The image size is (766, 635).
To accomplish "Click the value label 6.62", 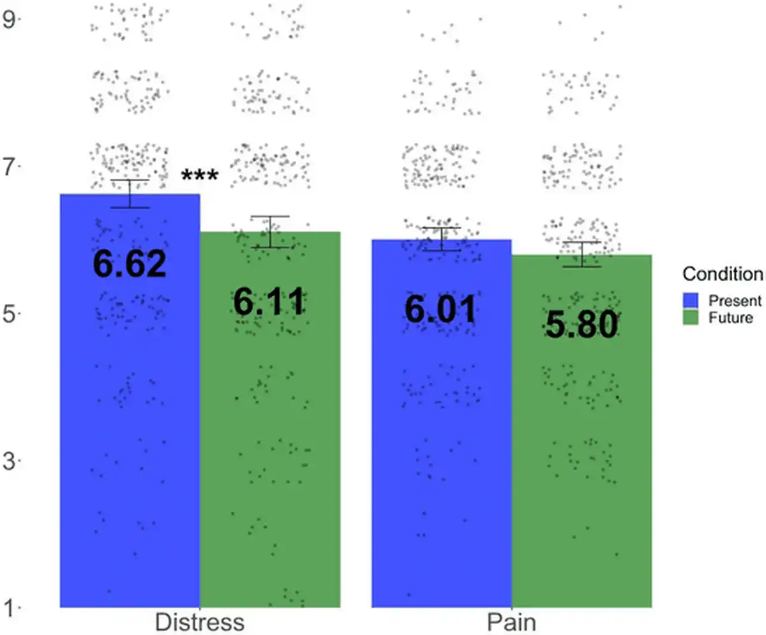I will click(x=130, y=264).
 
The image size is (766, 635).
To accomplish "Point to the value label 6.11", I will click(x=269, y=302).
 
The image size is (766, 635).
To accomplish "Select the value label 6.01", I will click(x=440, y=310).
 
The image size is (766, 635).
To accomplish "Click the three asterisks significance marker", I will click(x=200, y=177).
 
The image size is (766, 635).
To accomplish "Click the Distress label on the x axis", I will click(x=200, y=622).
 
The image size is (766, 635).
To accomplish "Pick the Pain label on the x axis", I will click(x=511, y=622).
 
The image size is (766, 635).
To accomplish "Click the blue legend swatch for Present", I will click(x=691, y=301).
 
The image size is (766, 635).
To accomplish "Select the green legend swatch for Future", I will click(x=691, y=317).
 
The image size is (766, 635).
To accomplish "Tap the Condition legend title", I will click(x=723, y=274).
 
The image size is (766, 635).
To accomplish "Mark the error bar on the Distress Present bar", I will click(x=130, y=193).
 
